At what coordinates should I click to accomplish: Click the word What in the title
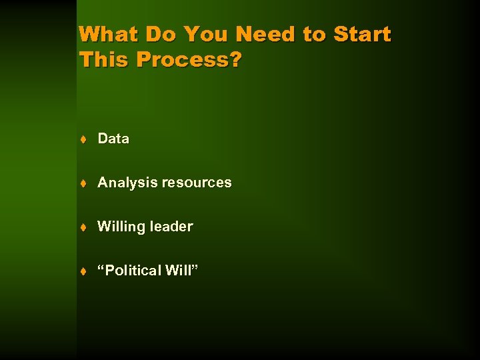(107, 34)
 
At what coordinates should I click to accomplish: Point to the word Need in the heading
(265, 34)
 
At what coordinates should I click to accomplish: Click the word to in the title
(314, 34)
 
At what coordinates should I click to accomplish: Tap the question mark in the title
(235, 59)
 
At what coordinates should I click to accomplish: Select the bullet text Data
(113, 139)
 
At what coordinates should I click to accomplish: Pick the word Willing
(121, 227)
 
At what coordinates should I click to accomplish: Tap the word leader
(171, 227)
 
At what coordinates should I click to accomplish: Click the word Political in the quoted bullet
(135, 271)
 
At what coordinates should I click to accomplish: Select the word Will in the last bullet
(183, 271)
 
